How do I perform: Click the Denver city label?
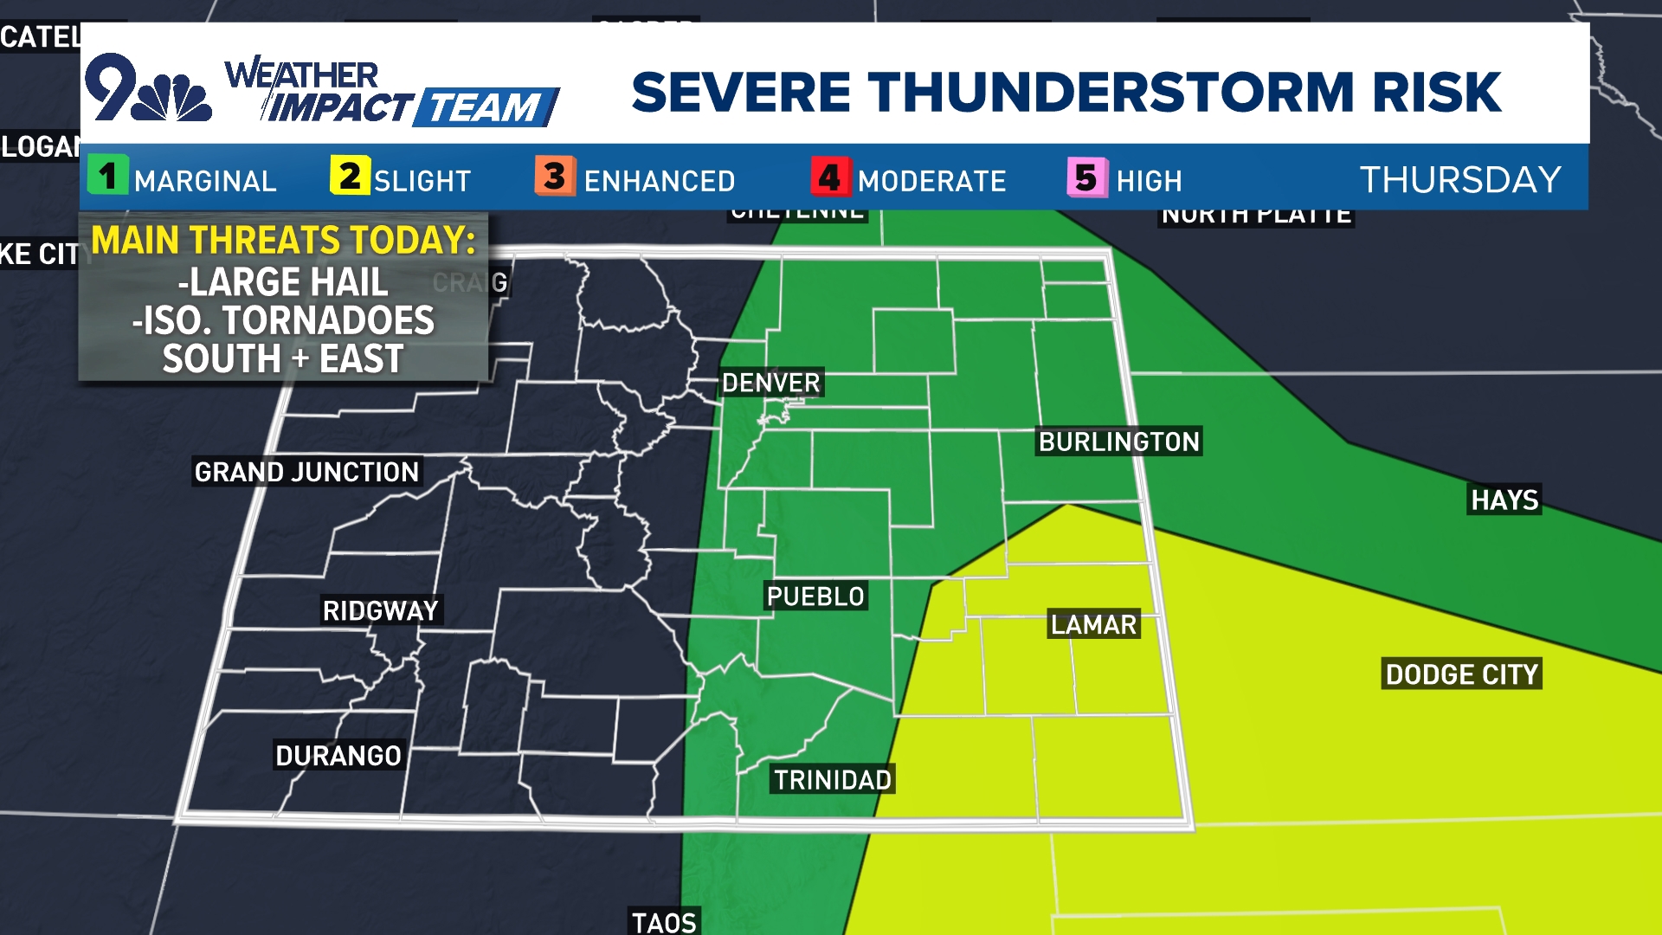click(770, 383)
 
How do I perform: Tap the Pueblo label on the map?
click(815, 596)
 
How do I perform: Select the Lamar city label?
click(1093, 624)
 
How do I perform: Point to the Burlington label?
click(1118, 442)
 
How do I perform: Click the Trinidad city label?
click(832, 780)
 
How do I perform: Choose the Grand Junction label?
click(306, 472)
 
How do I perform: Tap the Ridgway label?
click(381, 610)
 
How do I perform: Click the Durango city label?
click(338, 756)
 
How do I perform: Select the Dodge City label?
click(1461, 674)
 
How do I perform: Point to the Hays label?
click(1504, 500)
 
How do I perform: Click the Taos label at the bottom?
click(664, 922)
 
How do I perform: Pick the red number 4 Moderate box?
click(830, 177)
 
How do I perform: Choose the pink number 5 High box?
click(1086, 177)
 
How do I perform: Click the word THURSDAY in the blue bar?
click(1460, 179)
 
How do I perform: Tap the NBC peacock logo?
click(176, 97)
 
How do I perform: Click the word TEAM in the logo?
click(485, 108)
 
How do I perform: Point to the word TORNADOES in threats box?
click(328, 320)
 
